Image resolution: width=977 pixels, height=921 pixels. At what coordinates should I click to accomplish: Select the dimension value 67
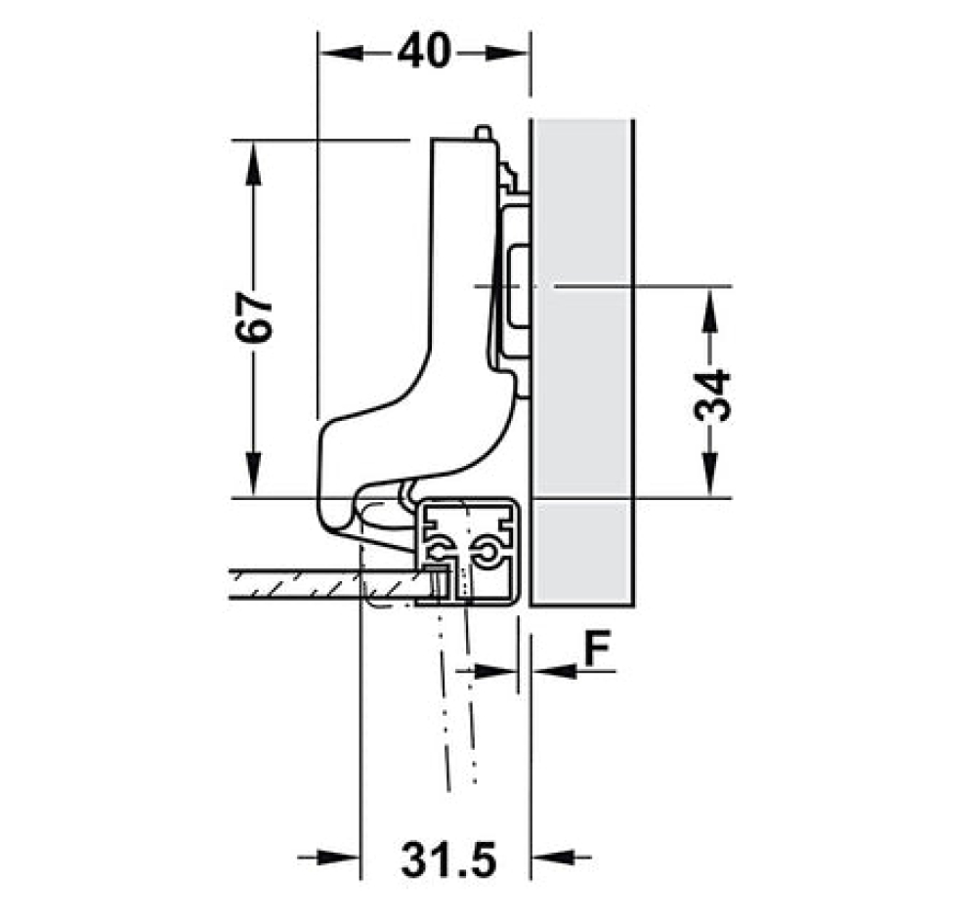coord(254,317)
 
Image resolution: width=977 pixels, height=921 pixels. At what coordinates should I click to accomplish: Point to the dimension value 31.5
coord(448,860)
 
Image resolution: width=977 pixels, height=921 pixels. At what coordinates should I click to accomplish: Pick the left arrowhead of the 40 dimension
coord(341,53)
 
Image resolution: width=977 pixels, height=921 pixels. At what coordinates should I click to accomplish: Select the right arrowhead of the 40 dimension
coord(507,53)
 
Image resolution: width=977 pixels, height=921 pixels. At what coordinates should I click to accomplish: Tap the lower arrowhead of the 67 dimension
coord(253,475)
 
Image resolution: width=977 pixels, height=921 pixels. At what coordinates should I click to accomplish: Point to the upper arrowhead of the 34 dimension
coord(710,309)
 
